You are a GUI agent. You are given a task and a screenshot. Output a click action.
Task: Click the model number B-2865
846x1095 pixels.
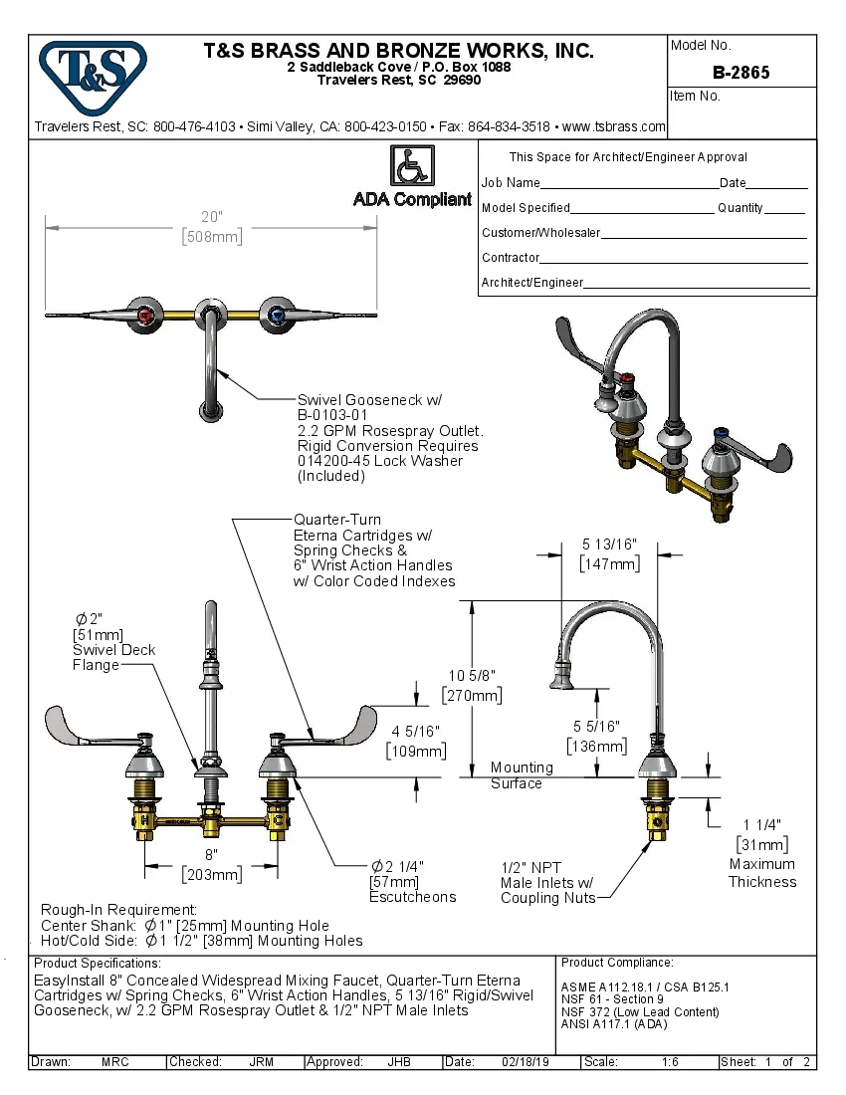pyautogui.click(x=741, y=73)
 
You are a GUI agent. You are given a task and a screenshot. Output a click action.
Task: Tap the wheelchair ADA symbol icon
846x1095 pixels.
pyautogui.click(x=412, y=164)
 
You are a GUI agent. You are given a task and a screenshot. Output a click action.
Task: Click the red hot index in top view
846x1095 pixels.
pyautogui.click(x=147, y=318)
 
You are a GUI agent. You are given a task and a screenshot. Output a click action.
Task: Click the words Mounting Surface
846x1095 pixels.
pyautogui.click(x=521, y=775)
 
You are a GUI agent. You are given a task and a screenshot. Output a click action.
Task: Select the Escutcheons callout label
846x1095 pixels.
pyautogui.click(x=413, y=896)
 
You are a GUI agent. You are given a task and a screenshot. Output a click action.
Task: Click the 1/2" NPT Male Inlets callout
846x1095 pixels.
pyautogui.click(x=547, y=883)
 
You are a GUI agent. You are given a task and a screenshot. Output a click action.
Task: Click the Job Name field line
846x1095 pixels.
pyautogui.click(x=627, y=184)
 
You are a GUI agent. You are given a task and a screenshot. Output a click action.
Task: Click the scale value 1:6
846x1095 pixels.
pyautogui.click(x=670, y=1062)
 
